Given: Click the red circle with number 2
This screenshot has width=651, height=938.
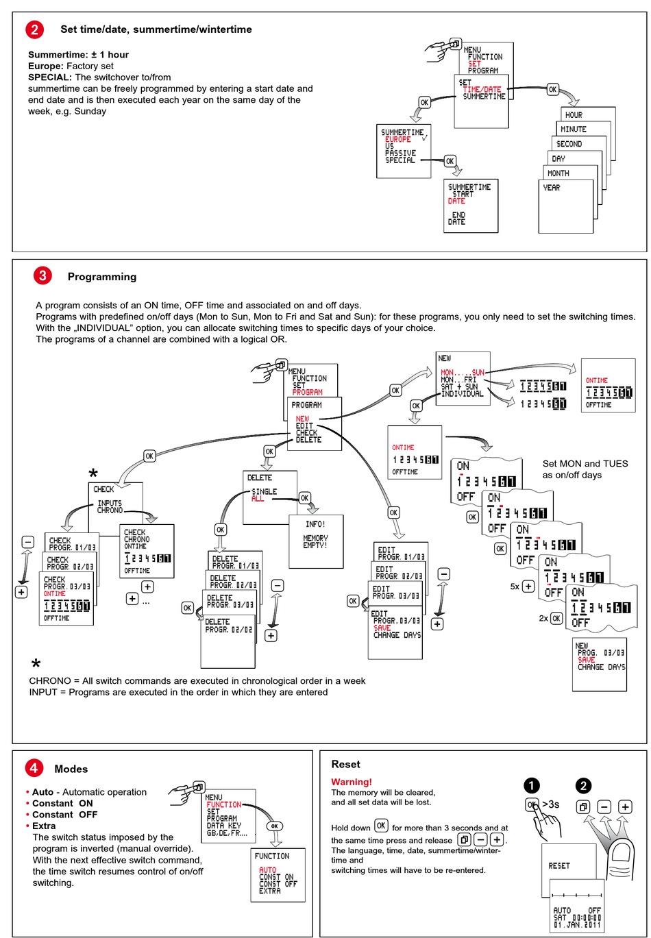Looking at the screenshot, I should click(35, 29).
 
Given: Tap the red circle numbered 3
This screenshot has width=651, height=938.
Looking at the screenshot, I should click(42, 276).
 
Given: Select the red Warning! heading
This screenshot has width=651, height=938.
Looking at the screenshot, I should click(352, 782).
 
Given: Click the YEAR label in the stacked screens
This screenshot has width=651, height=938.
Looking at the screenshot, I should click(552, 188).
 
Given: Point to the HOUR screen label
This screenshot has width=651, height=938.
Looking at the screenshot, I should click(574, 115).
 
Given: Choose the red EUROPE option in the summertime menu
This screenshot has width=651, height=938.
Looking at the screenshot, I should click(398, 139).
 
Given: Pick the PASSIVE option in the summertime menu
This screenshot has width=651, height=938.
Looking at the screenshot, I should click(400, 153).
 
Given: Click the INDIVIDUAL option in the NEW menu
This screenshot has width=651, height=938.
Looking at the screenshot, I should click(462, 394).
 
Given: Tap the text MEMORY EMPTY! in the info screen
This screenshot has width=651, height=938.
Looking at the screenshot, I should click(315, 542).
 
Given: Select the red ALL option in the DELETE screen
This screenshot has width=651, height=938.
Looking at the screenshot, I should click(258, 499).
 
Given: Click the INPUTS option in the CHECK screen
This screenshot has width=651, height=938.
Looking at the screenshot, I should click(110, 504).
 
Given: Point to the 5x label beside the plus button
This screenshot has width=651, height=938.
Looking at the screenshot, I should click(515, 587).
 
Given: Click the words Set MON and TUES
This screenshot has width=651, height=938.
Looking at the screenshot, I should click(585, 464).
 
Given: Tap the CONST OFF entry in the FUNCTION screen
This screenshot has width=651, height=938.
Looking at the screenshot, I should click(278, 884).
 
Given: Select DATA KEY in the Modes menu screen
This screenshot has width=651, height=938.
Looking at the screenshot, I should click(223, 826).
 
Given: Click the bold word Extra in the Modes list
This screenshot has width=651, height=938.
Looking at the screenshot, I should click(44, 826).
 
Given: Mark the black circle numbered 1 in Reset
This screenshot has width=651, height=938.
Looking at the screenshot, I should click(532, 786).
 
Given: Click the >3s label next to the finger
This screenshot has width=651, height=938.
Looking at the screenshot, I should click(550, 804).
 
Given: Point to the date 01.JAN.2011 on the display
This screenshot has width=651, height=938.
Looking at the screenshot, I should click(577, 925).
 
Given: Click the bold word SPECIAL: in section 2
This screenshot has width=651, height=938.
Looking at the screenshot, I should click(50, 77).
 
